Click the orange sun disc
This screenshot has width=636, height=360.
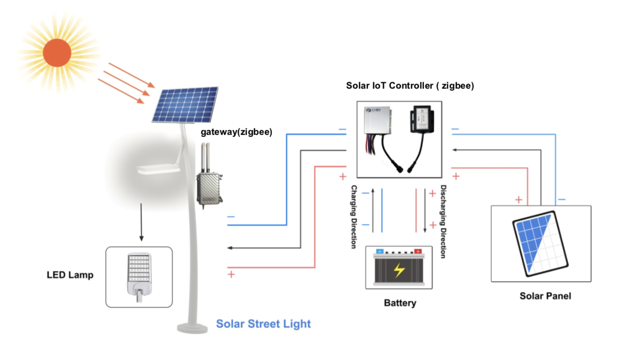tap(57, 53)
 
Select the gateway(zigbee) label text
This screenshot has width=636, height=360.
tap(236, 132)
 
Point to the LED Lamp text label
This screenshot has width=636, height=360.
tap(70, 275)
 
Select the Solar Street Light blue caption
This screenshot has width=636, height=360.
tap(263, 324)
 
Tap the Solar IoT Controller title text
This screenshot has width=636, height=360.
tap(409, 86)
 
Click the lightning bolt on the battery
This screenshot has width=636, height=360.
tap(399, 270)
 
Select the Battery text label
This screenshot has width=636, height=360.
tap(400, 303)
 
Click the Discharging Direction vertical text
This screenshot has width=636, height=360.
tap(443, 221)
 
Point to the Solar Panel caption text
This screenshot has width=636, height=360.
tap(545, 296)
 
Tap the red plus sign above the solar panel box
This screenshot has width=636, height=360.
tap(519, 199)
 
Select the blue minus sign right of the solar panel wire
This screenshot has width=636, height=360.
tap(562, 199)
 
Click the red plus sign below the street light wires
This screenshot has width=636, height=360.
tap(231, 274)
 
